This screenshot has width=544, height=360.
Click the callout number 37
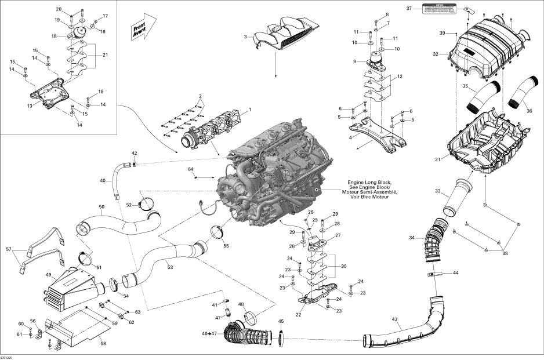(x=408, y=9)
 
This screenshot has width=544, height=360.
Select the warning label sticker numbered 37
(x=438, y=8)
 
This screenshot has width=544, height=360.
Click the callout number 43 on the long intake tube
(x=395, y=320)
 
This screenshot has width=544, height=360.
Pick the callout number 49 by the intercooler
(x=48, y=275)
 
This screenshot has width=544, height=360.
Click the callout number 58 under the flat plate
(x=103, y=344)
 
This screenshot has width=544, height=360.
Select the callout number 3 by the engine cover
(x=245, y=37)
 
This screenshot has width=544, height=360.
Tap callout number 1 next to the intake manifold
(x=250, y=109)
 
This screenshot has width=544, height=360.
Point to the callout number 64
(x=190, y=169)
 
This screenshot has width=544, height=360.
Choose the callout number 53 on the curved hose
(x=169, y=267)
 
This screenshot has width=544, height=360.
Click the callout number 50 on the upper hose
(x=101, y=207)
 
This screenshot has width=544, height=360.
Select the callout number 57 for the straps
(x=8, y=250)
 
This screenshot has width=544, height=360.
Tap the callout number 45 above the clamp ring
(x=281, y=321)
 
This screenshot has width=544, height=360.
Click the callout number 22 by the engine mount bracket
(x=298, y=315)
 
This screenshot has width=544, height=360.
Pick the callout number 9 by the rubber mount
(x=354, y=61)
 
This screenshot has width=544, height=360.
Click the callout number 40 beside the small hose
(x=102, y=181)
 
